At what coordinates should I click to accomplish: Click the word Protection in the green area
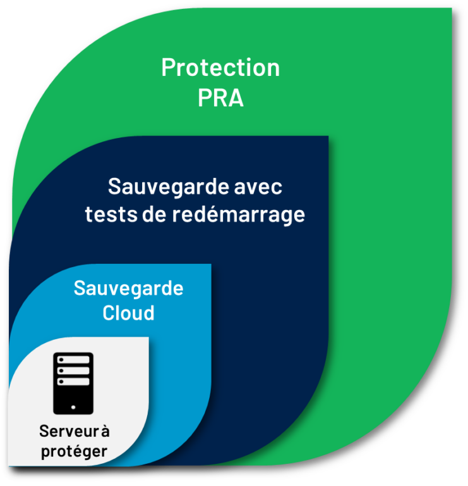tap(220, 67)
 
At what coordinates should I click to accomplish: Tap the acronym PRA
tap(220, 97)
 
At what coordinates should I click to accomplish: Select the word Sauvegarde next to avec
tap(168, 187)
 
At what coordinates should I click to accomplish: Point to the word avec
tap(258, 187)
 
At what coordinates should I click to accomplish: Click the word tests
tap(111, 214)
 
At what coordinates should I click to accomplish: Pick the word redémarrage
tap(239, 215)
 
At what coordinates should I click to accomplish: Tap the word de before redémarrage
tap(154, 213)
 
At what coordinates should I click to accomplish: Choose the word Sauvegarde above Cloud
tap(128, 289)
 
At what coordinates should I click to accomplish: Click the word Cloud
tap(128, 313)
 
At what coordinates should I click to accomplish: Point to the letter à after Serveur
tap(105, 430)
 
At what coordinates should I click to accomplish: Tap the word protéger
tap(75, 452)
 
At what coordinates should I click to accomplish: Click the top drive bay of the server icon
tap(73, 359)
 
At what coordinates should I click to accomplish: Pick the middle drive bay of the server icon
tap(73, 371)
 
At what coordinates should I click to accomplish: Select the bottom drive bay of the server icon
tap(73, 382)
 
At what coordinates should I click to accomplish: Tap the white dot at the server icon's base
tap(73, 408)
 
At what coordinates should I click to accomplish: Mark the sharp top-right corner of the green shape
tap(452, 8)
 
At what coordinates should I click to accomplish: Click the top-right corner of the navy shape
tap(328, 136)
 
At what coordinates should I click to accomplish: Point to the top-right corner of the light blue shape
tap(211, 264)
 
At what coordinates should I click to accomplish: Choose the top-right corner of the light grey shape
tap(148, 337)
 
